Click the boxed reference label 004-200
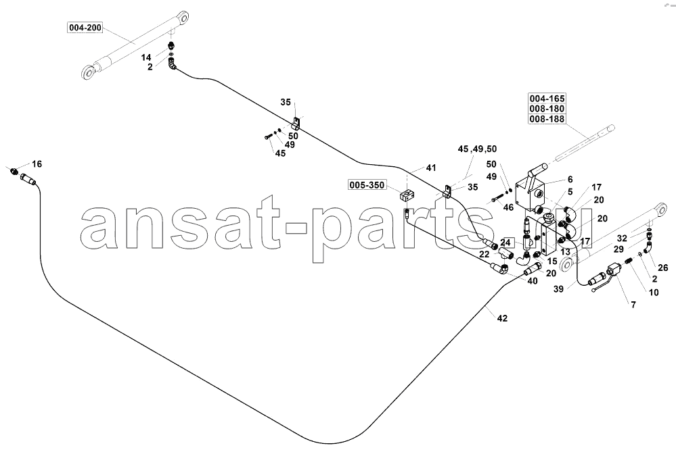click(85, 28)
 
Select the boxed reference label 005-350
click(367, 185)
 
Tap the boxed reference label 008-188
click(547, 119)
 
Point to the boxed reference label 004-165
click(547, 98)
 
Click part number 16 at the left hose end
click(37, 164)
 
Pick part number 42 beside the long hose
click(502, 318)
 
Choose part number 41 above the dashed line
click(431, 168)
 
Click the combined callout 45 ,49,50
click(477, 149)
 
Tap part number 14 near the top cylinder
click(147, 57)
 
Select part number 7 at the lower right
click(633, 305)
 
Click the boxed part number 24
click(505, 243)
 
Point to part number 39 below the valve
click(558, 289)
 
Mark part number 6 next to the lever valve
click(570, 180)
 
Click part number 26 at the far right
click(662, 268)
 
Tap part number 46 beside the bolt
click(508, 207)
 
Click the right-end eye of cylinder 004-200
click(183, 19)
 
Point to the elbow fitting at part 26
click(648, 247)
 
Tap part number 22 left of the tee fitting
click(484, 255)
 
